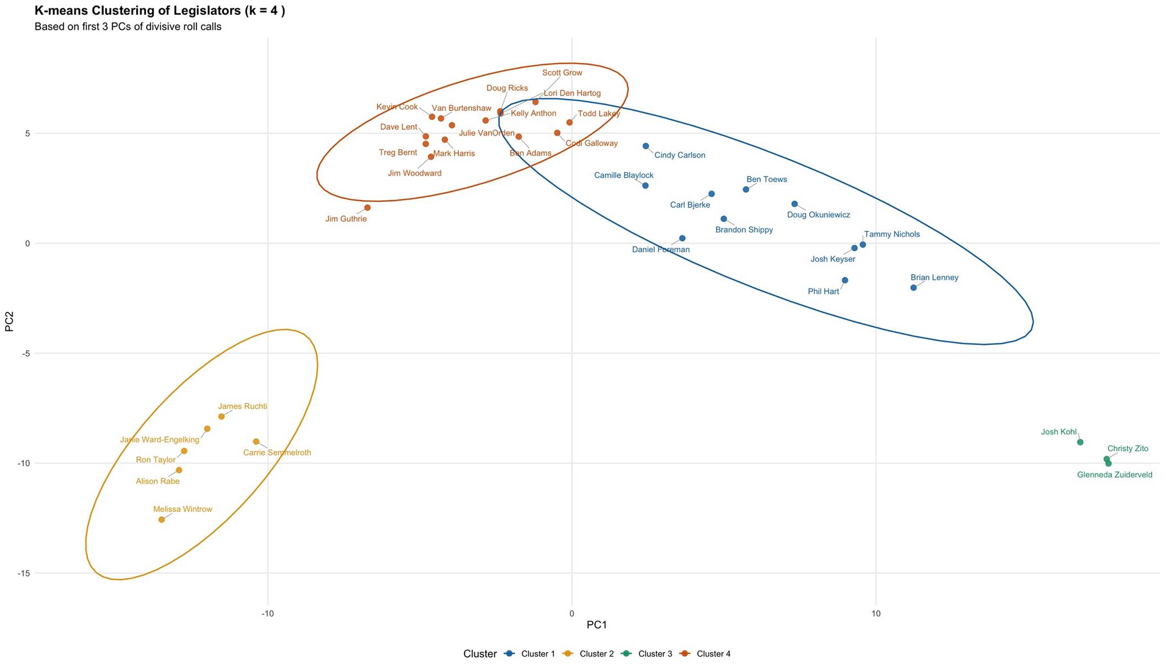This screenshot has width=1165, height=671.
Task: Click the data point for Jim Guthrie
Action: [x=367, y=208]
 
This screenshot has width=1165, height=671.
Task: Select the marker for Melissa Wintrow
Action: [x=162, y=520]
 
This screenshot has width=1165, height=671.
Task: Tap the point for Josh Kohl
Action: [x=1080, y=442]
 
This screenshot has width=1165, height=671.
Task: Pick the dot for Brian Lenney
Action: [x=913, y=287]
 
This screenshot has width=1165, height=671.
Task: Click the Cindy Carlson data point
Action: [x=646, y=146]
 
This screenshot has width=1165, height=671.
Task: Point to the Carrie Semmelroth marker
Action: [x=256, y=441]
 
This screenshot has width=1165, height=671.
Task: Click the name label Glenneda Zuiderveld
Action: [x=1114, y=475]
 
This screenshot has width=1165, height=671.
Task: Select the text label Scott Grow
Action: [x=562, y=73]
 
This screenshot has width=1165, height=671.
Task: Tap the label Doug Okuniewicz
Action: [x=818, y=215]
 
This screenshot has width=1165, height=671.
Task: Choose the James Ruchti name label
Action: [x=242, y=407]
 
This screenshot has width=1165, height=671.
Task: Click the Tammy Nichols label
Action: [x=891, y=235]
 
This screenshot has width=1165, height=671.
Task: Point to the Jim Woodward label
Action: [x=414, y=173]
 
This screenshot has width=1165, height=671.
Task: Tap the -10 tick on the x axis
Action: [x=268, y=614]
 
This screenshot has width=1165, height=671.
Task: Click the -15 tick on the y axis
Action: [x=23, y=573]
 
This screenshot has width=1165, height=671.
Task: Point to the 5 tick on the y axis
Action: [x=27, y=134]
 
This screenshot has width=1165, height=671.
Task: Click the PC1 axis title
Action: [x=596, y=625]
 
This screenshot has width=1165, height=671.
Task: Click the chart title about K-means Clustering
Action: [x=160, y=10]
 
